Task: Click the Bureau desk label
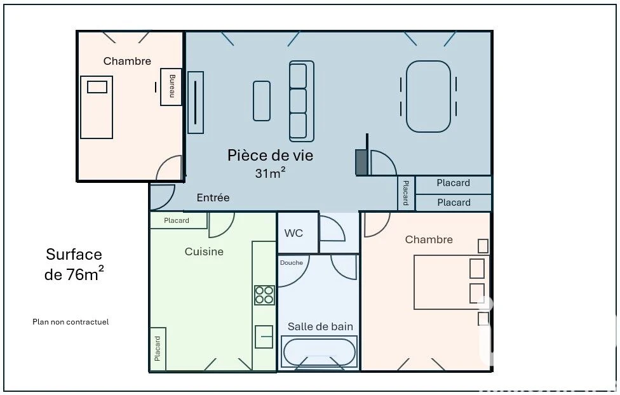(x=172, y=86)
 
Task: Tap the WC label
(x=293, y=233)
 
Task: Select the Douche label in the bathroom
(x=292, y=262)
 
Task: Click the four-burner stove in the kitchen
(x=264, y=295)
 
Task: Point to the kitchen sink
(x=264, y=337)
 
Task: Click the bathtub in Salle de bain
(x=319, y=352)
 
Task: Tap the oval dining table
(x=428, y=96)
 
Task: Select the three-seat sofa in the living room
(x=301, y=101)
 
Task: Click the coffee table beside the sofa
(x=261, y=101)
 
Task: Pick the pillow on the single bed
(x=97, y=87)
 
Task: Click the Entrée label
(x=213, y=197)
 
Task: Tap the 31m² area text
(x=270, y=173)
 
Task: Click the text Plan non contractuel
(x=71, y=322)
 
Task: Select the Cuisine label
(x=204, y=252)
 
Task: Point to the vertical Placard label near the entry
(x=406, y=193)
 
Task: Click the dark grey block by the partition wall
(x=361, y=162)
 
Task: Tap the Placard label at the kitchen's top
(x=177, y=220)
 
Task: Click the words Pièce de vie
(x=271, y=156)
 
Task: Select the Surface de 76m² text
(x=74, y=264)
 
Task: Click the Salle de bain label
(x=320, y=326)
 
